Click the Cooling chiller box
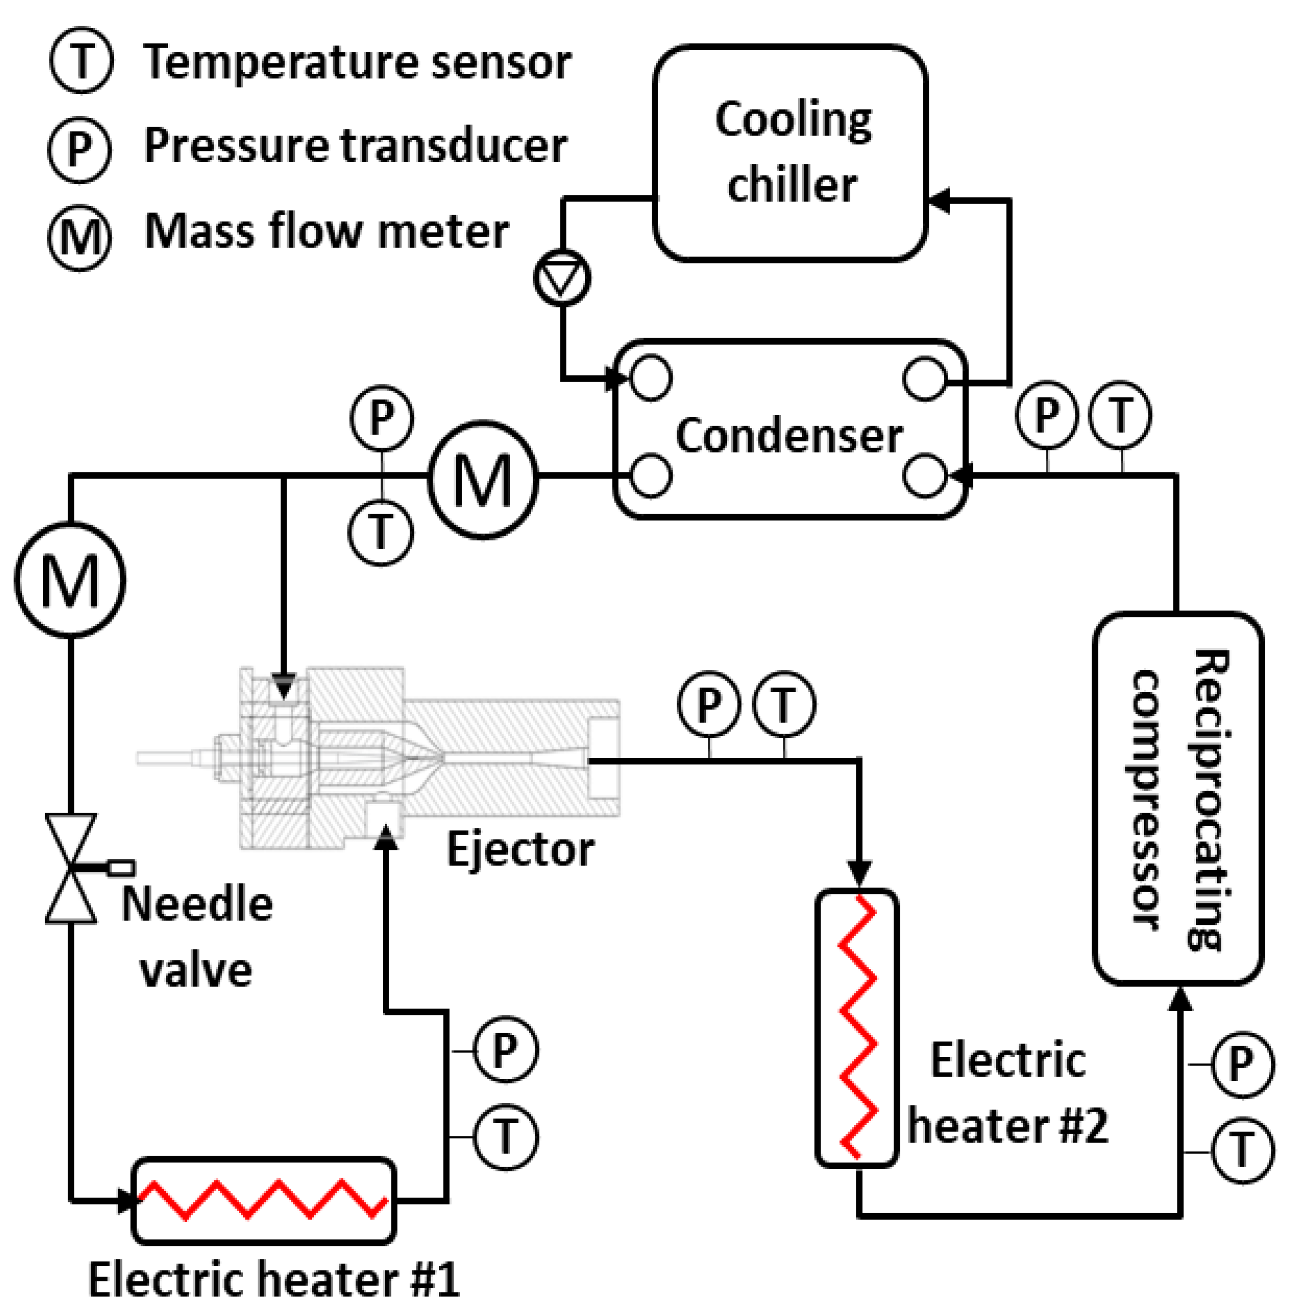point(790,153)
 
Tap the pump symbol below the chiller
point(562,278)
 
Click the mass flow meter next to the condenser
point(483,480)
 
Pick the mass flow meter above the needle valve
point(70,580)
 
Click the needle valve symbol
point(71,869)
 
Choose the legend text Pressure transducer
point(355,145)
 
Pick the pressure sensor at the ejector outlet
point(709,705)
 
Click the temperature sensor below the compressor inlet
point(1243,1151)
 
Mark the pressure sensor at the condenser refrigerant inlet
point(1046,414)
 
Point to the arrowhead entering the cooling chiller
point(938,201)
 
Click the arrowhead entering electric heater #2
point(859,871)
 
